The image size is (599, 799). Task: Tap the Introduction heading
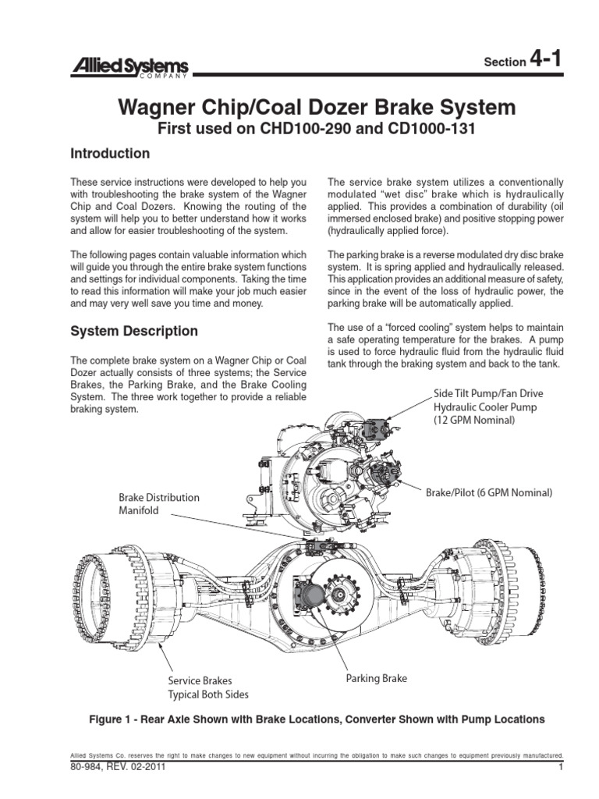(x=110, y=153)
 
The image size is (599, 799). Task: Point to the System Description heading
(x=134, y=331)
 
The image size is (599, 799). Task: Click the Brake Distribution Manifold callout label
(x=159, y=503)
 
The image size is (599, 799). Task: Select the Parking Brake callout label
(x=376, y=679)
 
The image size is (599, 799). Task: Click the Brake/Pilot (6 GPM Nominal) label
(x=488, y=493)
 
